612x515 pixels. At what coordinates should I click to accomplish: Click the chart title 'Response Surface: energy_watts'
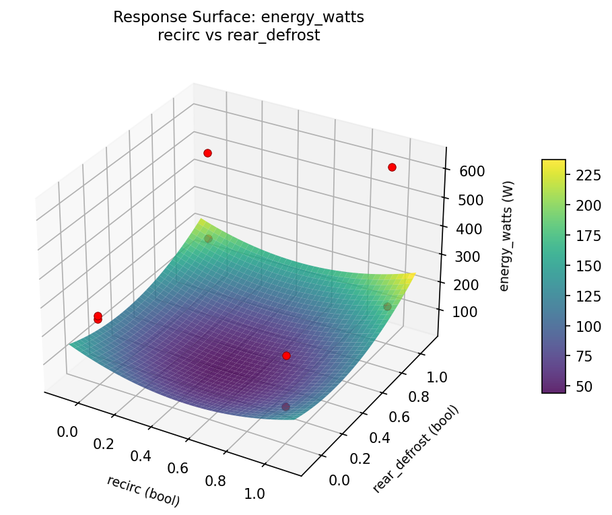(x=238, y=18)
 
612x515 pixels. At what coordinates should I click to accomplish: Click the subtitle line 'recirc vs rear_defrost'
(x=238, y=36)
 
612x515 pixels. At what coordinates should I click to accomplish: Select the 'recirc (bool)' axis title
(x=143, y=491)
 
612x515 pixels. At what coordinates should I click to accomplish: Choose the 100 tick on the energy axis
(x=465, y=312)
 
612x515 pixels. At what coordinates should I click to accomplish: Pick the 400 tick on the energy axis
(x=470, y=228)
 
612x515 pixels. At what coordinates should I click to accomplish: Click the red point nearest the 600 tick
(x=392, y=167)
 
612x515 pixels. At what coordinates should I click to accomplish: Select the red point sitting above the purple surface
(x=286, y=355)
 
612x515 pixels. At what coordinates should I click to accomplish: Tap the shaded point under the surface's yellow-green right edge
(x=387, y=307)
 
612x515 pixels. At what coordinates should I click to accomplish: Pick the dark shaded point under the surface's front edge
(x=285, y=407)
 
